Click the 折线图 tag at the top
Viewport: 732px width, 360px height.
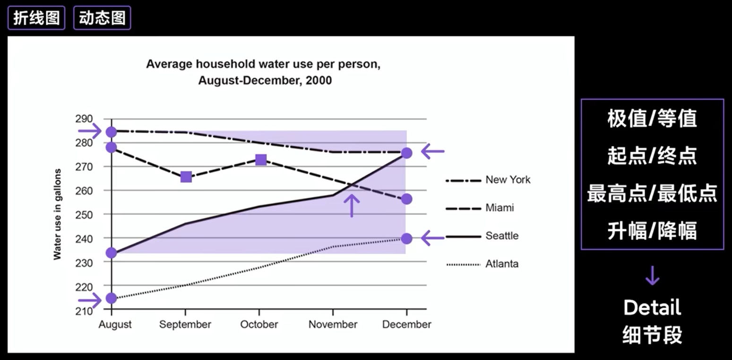pos(36,18)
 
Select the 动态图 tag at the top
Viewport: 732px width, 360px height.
pos(102,18)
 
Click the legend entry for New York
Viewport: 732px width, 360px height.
pos(508,180)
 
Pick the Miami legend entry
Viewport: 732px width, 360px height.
pos(499,208)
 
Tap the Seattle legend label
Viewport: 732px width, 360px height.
pos(502,236)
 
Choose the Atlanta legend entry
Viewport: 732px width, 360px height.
pos(502,264)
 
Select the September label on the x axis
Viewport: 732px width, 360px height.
pos(185,325)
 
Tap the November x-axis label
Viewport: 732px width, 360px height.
pos(333,325)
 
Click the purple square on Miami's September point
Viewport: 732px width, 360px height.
pos(186,177)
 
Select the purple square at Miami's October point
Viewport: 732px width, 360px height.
pos(260,160)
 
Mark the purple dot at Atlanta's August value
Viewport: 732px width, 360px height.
pos(111,298)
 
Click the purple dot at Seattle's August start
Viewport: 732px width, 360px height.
pos(111,253)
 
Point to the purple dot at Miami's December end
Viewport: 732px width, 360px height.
pos(406,199)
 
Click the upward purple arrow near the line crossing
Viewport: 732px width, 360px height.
pos(352,205)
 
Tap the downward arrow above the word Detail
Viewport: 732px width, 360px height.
pos(652,275)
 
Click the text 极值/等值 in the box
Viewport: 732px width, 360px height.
pos(652,119)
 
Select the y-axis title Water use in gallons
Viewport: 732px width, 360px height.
pos(58,214)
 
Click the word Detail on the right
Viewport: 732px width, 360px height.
pos(652,308)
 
